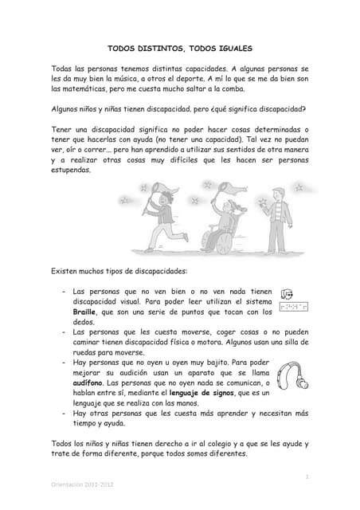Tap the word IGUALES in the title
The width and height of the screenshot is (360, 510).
pyautogui.click(x=232, y=49)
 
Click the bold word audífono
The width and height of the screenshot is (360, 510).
pyautogui.click(x=88, y=382)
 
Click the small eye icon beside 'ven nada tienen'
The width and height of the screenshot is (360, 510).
pyautogui.click(x=288, y=293)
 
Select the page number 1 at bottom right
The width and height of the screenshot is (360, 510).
pyautogui.click(x=306, y=476)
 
